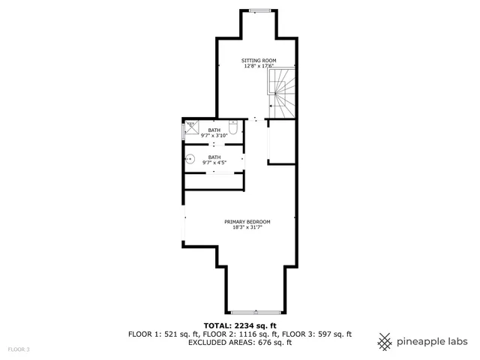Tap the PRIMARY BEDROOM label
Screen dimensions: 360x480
(247, 221)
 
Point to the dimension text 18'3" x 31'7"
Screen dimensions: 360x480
(247, 227)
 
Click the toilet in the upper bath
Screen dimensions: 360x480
(233, 128)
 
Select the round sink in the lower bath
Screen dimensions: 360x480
(191, 159)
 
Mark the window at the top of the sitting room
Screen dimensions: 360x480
(259, 10)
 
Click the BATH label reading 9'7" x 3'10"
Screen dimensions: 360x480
(214, 133)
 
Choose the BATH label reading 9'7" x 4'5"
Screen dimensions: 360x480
(214, 160)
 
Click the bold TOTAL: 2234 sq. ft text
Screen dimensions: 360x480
(239, 325)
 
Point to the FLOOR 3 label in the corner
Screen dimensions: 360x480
(19, 349)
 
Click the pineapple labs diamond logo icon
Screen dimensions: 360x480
(385, 341)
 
